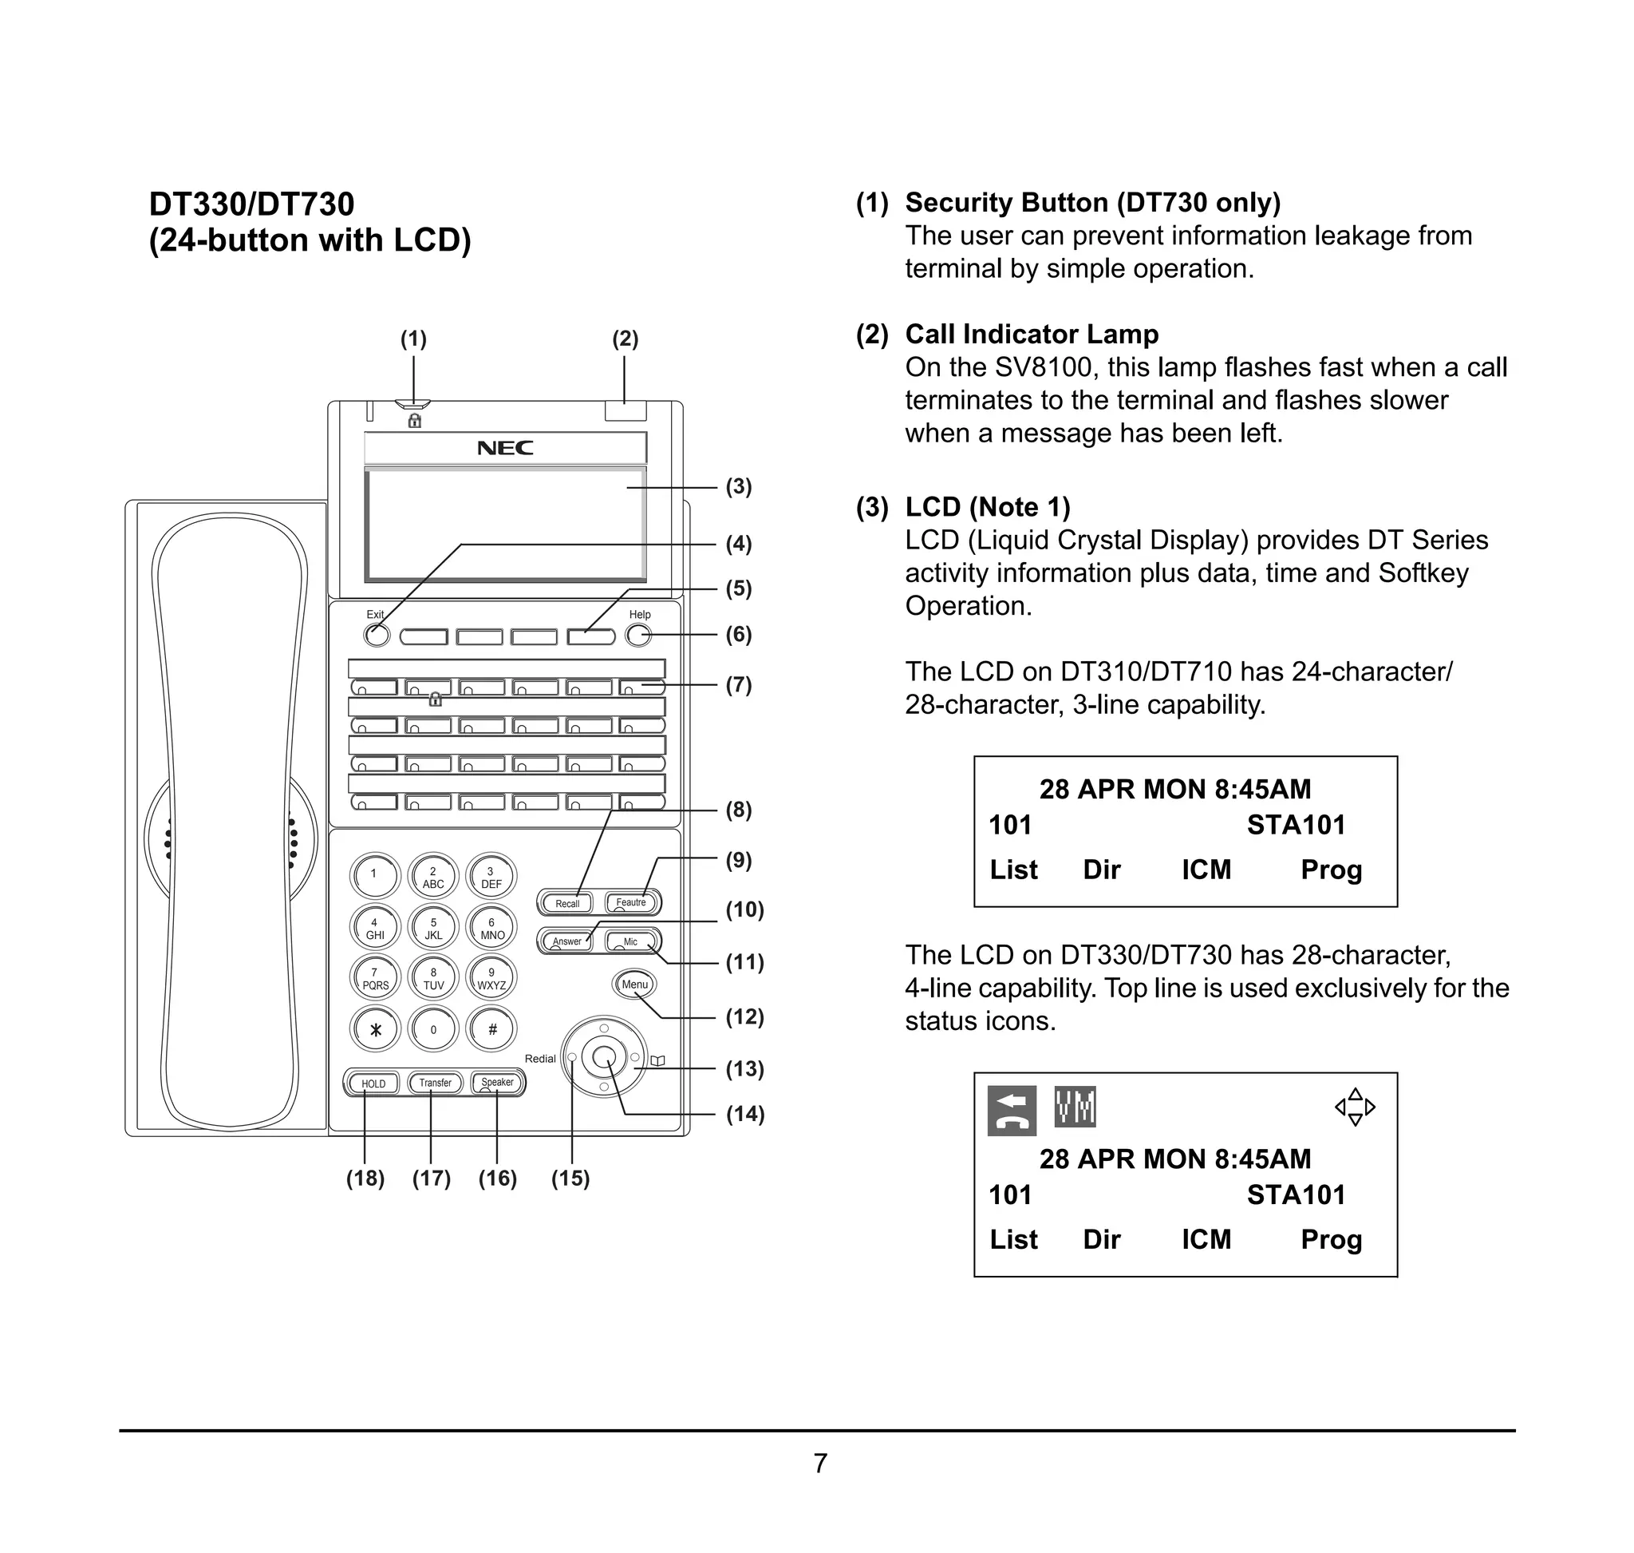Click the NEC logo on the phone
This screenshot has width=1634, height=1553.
click(505, 448)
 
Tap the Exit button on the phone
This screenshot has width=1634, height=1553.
click(377, 636)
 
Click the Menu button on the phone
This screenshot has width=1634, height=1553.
click(634, 984)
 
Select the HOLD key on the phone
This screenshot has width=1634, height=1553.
click(373, 1084)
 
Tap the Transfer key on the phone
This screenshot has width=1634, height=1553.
click(435, 1083)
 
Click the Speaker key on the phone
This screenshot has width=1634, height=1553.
click(497, 1083)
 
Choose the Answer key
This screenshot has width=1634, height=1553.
click(566, 941)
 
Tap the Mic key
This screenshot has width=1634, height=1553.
click(631, 941)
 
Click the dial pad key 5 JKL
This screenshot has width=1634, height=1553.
click(432, 928)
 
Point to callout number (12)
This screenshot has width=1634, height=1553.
click(744, 1016)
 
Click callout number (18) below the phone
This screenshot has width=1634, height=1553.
click(365, 1178)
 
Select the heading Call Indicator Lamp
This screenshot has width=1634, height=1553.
click(1031, 334)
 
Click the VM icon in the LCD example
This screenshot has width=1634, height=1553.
click(1075, 1107)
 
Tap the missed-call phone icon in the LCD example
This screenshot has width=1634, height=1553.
click(1011, 1110)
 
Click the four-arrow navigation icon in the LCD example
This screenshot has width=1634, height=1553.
click(1355, 1107)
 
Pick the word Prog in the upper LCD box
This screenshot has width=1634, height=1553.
click(1330, 870)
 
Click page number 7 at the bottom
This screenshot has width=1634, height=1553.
click(819, 1464)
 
